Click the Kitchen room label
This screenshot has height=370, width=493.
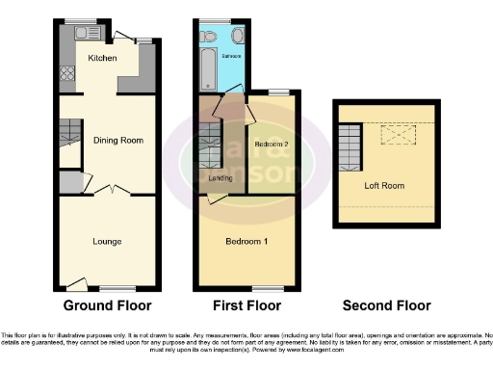(x=103, y=59)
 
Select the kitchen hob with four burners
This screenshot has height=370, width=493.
(x=67, y=72)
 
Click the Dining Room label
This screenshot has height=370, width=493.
(x=117, y=141)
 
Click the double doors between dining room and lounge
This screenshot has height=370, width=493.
(x=114, y=191)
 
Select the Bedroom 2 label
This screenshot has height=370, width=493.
(x=272, y=145)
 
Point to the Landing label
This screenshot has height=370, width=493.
(x=220, y=178)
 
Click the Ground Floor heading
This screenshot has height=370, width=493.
(x=107, y=306)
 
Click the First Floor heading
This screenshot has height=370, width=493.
(x=246, y=306)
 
